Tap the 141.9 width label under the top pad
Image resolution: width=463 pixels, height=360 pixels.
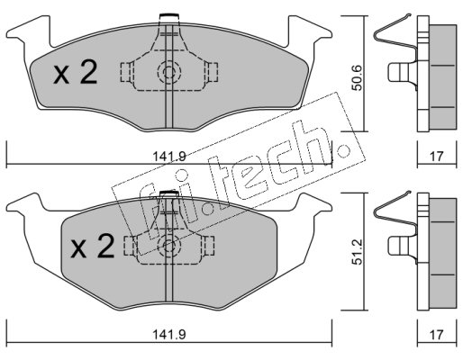pyautogui.click(x=169, y=157)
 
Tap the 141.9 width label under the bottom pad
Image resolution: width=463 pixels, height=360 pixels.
pyautogui.click(x=169, y=335)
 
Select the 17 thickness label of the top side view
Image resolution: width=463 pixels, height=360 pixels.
pyautogui.click(x=437, y=157)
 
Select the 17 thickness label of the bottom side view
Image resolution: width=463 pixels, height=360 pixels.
pyautogui.click(x=437, y=335)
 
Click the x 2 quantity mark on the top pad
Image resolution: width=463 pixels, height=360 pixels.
pyautogui.click(x=76, y=72)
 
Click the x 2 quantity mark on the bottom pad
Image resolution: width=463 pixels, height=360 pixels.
pyautogui.click(x=93, y=246)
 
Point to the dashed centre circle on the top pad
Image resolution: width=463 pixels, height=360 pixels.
pyautogui.click(x=169, y=72)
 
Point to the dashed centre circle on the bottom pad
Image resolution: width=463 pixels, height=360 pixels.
pyautogui.click(x=169, y=246)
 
